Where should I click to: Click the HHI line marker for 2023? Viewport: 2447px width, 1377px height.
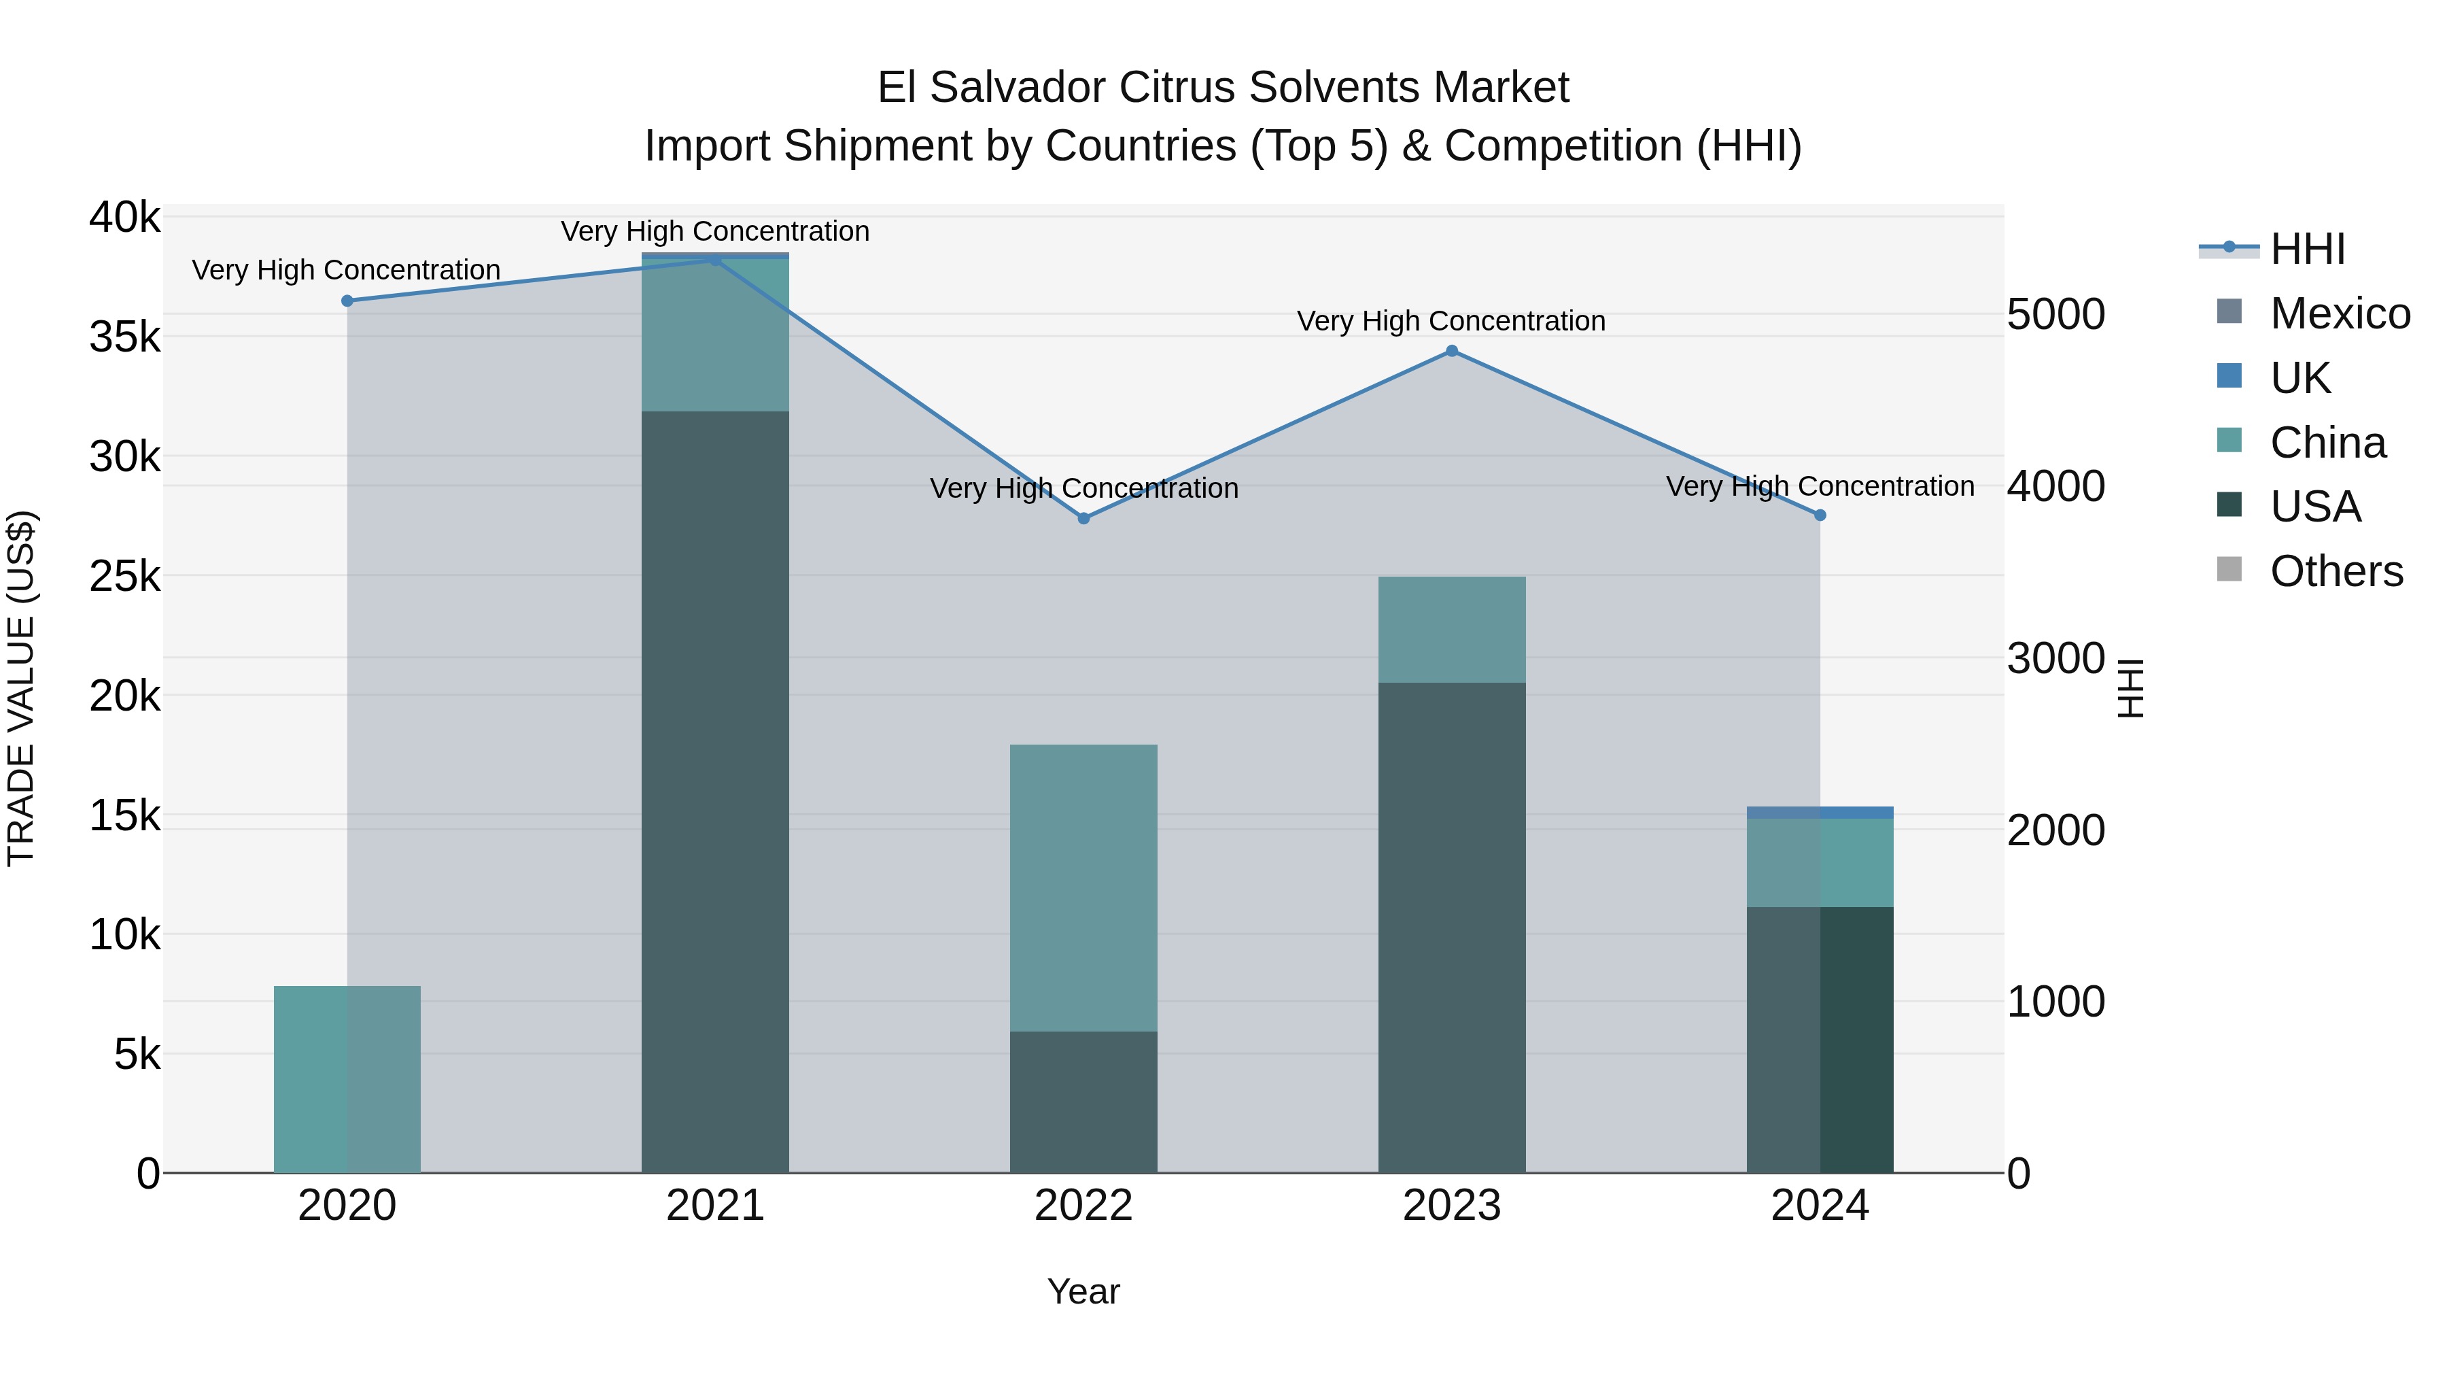point(1451,351)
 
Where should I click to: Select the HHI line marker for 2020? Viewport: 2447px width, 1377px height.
point(347,301)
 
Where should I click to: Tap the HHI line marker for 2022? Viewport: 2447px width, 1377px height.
point(1084,518)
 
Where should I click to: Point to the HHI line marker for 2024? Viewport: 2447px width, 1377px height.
point(1820,515)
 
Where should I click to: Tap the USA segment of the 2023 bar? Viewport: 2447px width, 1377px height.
point(1451,928)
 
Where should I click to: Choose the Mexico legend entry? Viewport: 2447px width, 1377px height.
point(2340,313)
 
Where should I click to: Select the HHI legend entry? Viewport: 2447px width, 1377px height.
point(2308,249)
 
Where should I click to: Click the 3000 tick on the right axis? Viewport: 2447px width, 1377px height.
point(2055,658)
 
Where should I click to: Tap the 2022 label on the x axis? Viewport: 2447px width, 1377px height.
point(1084,1206)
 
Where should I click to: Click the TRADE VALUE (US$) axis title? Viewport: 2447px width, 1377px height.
point(21,688)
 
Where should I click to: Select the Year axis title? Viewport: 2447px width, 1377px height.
point(1084,1291)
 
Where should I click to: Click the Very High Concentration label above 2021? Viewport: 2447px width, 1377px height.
point(715,231)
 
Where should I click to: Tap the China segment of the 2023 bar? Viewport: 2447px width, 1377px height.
point(1451,629)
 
